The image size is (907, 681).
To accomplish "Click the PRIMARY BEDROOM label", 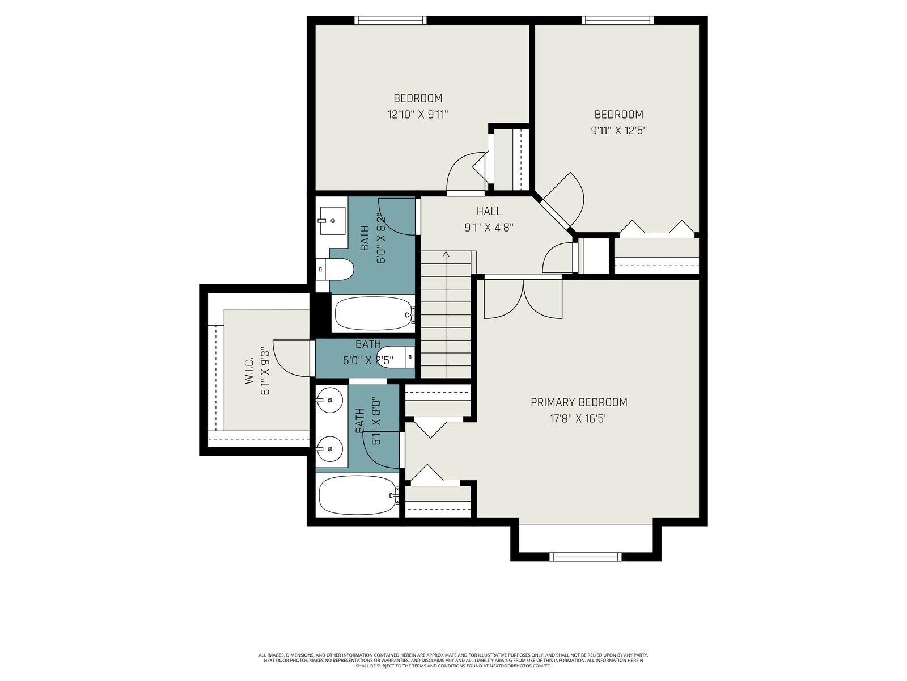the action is tap(579, 402).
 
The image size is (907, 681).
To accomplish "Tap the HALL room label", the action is tap(489, 211).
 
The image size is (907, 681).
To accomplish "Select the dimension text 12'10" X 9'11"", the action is tap(418, 115).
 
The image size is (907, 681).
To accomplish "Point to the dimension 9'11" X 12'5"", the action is tap(618, 131).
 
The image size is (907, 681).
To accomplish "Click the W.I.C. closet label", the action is tap(249, 371).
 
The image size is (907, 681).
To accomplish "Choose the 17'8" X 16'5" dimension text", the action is tap(579, 419).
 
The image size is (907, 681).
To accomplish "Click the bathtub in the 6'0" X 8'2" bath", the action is tap(374, 313).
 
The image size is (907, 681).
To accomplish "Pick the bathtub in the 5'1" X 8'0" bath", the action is tap(358, 495).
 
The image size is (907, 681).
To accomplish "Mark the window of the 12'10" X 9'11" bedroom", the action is tap(391, 20).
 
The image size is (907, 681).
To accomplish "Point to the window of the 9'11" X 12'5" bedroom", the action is tap(618, 20).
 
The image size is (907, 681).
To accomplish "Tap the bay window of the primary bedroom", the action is tap(586, 557).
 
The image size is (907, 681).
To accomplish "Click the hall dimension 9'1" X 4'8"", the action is tap(489, 228).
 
